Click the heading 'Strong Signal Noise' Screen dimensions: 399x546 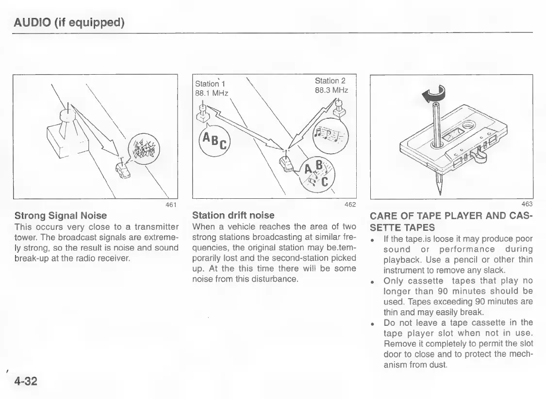click(x=61, y=214)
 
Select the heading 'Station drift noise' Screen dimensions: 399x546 click(x=233, y=214)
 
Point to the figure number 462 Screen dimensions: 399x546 click(x=350, y=204)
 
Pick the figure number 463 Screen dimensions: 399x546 click(x=527, y=204)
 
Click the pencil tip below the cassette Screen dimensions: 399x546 click(x=439, y=186)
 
